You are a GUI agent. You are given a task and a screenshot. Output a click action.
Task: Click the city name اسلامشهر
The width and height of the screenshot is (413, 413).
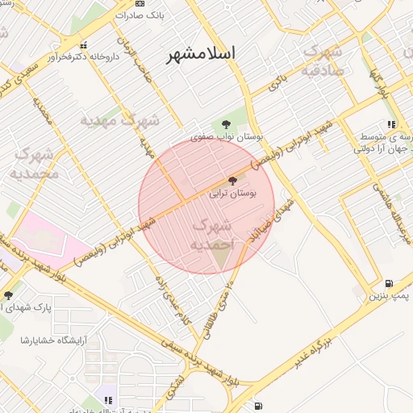[x=201, y=54]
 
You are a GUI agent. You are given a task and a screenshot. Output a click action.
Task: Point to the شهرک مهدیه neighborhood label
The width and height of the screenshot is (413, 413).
[x=120, y=121]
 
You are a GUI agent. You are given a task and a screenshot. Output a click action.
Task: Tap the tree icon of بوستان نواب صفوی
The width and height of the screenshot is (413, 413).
[x=227, y=124]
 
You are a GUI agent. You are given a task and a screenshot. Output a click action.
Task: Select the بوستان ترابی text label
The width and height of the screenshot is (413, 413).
[x=232, y=194]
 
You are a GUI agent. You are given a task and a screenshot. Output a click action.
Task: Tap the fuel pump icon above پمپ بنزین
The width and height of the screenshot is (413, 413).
[x=390, y=284]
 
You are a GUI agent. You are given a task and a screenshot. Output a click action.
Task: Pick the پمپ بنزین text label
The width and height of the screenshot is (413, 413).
[x=390, y=297]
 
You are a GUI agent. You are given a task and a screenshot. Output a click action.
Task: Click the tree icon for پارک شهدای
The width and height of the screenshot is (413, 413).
[x=8, y=294]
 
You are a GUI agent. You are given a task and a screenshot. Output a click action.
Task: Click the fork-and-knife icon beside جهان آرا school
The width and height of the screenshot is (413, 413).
[x=391, y=124]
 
